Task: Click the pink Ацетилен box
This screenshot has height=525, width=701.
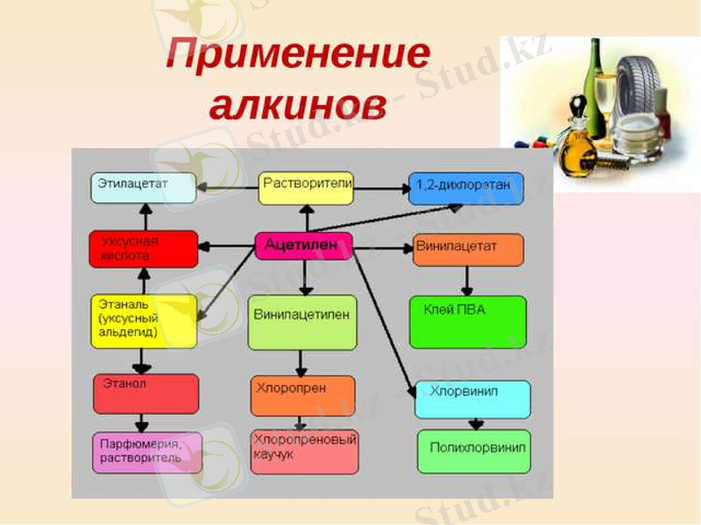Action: pos(303,246)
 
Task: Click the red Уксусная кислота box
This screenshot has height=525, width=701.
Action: pos(143,248)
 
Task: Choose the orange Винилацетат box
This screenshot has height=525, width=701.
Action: pos(468,248)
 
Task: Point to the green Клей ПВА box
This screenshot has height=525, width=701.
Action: pos(468,321)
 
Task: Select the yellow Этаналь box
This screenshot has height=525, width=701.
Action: pos(144,320)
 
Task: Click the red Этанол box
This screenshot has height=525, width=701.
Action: pos(145,393)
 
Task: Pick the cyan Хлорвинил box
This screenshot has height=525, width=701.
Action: pos(472,399)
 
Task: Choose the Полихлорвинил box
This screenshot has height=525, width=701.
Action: pos(473,451)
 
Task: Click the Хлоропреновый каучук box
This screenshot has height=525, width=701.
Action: pos(304,451)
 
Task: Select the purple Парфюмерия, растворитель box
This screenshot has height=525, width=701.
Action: pos(146,452)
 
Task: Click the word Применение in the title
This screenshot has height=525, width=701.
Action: pos(298,58)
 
